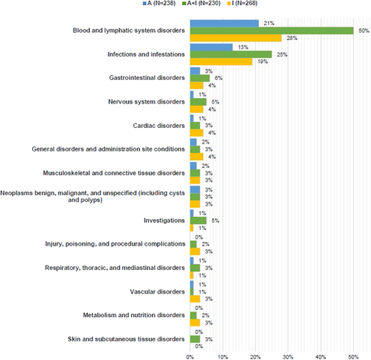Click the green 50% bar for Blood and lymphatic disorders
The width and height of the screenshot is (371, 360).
pyautogui.click(x=271, y=31)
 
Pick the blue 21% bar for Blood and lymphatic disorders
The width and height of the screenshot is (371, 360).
pyautogui.click(x=224, y=23)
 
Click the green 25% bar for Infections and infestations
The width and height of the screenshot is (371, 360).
pyautogui.click(x=230, y=54)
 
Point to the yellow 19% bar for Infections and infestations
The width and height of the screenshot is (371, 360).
pyautogui.click(x=220, y=62)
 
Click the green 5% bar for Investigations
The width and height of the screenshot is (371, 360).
pyautogui.click(x=198, y=221)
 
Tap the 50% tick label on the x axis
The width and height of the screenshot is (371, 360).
pyautogui.click(x=353, y=354)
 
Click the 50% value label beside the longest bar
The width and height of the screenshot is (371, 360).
pyautogui.click(x=362, y=31)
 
